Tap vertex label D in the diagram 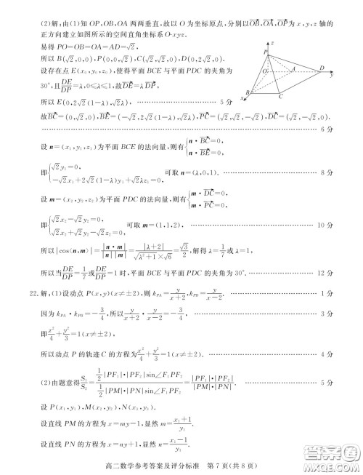pyautogui.click(x=322, y=66)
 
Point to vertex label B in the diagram pyautogui.click(x=250, y=93)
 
